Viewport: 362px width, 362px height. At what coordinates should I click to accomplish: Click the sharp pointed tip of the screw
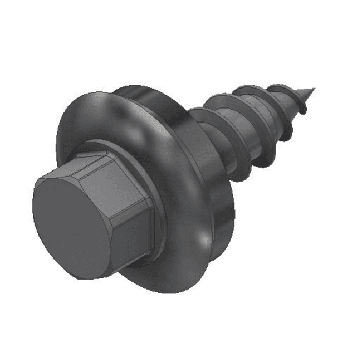tap(314, 89)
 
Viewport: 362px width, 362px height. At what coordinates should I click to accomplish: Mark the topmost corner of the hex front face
tap(75, 169)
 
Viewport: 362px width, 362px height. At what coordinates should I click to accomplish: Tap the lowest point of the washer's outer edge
tap(162, 292)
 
